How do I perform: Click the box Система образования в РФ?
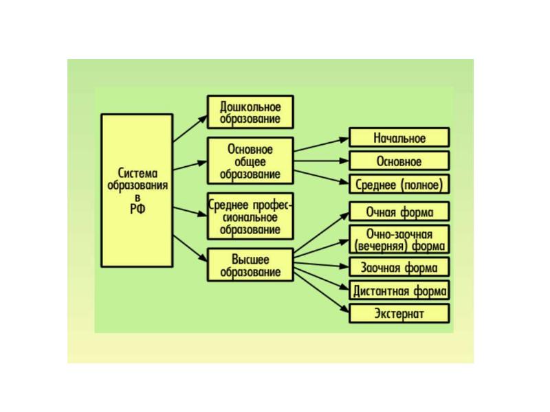(137, 191)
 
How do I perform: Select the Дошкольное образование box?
(250, 112)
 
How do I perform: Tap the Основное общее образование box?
(250, 161)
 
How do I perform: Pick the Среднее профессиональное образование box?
(250, 216)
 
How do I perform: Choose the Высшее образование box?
(250, 265)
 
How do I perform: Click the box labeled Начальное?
(399, 137)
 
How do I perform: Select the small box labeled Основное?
(399, 161)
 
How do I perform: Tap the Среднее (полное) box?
(399, 184)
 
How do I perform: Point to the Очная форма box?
(399, 211)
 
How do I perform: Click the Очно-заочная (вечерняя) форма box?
(399, 240)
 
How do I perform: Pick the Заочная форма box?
(399, 267)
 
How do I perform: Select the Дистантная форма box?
(399, 290)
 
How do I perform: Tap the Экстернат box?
(399, 314)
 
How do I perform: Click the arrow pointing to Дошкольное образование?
(190, 128)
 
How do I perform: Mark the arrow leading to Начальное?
(321, 144)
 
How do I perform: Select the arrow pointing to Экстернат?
(321, 293)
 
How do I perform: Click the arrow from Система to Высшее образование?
(190, 249)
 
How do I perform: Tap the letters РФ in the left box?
(137, 209)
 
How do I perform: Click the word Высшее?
(250, 260)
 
